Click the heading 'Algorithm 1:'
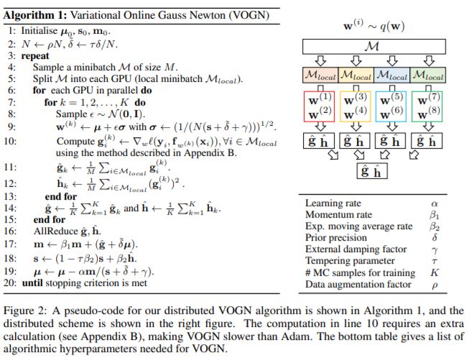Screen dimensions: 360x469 pyautogui.click(x=34, y=10)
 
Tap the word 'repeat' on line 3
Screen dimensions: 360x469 pyautogui.click(x=36, y=53)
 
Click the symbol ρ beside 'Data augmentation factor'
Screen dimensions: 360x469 pyautogui.click(x=433, y=285)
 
